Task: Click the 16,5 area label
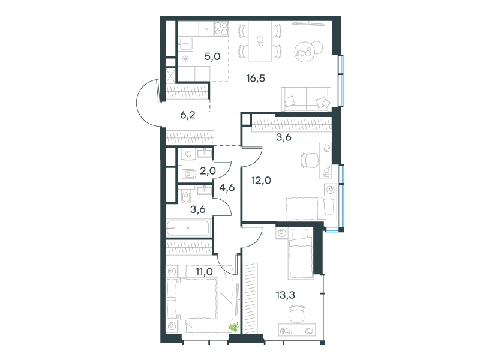256,79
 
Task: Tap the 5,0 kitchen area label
212,56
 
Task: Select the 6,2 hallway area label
188,115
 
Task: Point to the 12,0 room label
261,181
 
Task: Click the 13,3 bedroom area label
286,295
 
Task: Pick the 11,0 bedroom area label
204,272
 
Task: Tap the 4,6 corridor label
227,187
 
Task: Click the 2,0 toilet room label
208,171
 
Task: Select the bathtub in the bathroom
188,228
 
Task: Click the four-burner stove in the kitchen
221,28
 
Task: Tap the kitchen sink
185,44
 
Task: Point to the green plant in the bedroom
234,327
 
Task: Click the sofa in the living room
306,99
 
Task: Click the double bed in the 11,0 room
193,299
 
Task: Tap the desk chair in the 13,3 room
297,313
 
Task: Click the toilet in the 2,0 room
189,174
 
